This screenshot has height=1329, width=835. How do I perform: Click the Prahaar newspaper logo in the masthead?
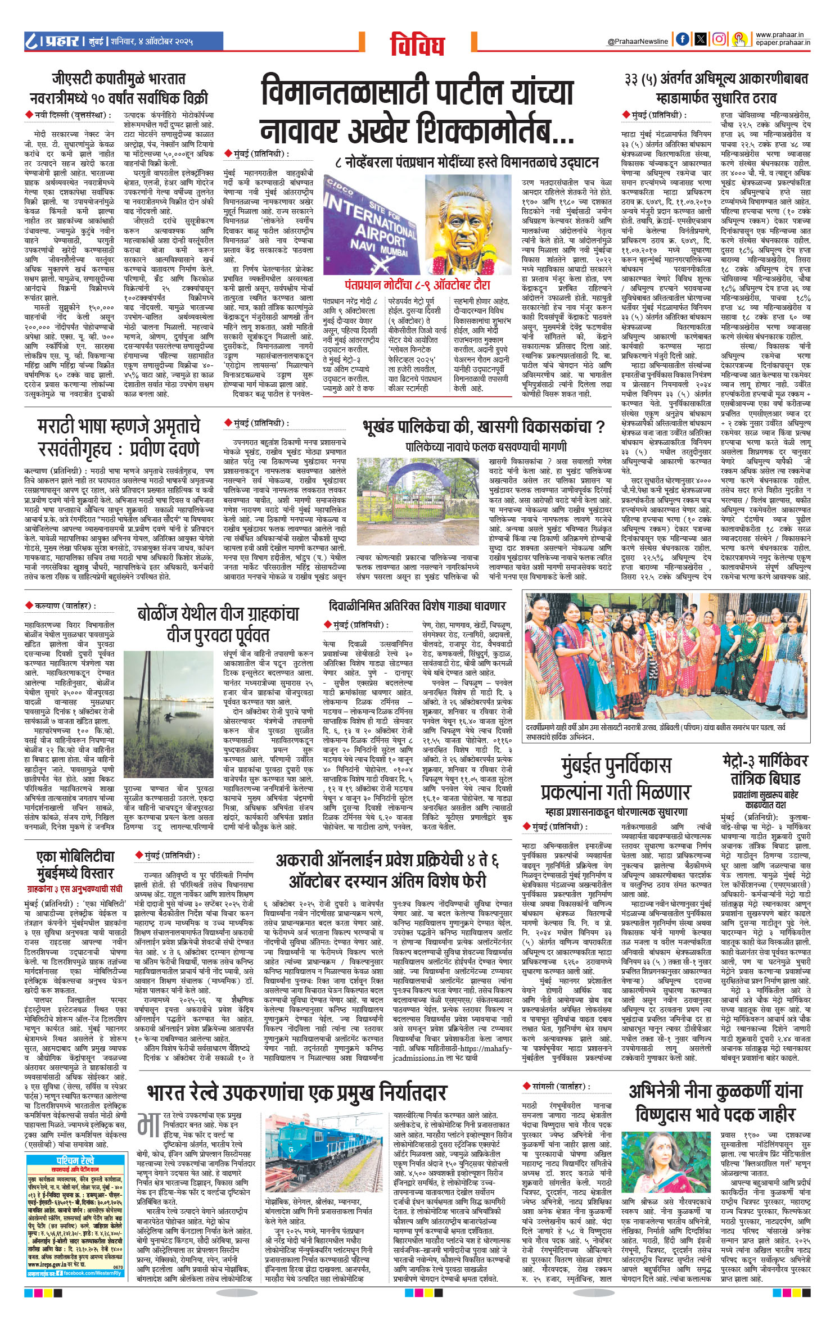click(x=53, y=41)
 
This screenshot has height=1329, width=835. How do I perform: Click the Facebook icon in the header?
click(x=682, y=39)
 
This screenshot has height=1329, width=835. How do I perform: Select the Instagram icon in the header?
click(x=719, y=39)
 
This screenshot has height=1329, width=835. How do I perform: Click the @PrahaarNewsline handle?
click(x=638, y=42)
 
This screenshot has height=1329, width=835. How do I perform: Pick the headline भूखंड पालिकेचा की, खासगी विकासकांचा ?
click(x=483, y=427)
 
